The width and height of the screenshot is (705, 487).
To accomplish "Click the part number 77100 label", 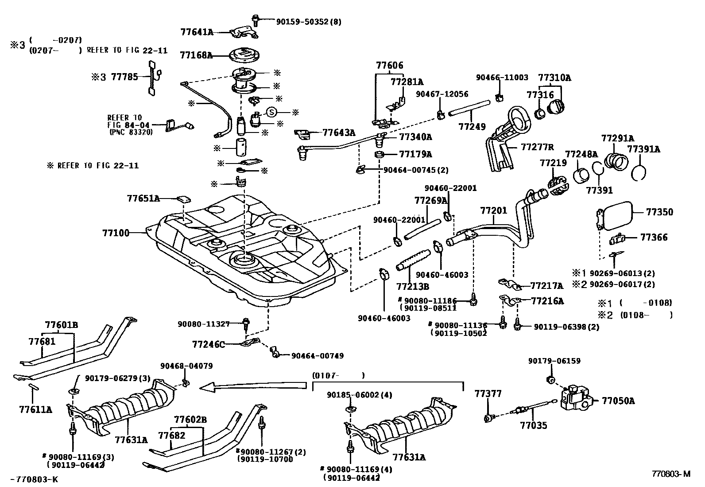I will pos(116,232).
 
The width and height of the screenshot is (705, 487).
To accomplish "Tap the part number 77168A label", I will pos(196,55).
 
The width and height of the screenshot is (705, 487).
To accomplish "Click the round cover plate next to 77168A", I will pos(243,55).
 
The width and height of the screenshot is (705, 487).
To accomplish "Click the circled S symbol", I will pos(271,113).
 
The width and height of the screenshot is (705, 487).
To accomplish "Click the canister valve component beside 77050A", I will pos(577,397).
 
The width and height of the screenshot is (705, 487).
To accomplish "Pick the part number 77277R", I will pos(537,147).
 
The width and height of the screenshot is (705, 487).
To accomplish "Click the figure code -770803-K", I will pos(34,479).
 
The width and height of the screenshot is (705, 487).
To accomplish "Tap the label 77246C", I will pos(208,343).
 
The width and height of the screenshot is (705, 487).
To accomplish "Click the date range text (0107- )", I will pos(338,375).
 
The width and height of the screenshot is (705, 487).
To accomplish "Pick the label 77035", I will pos(533,426).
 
